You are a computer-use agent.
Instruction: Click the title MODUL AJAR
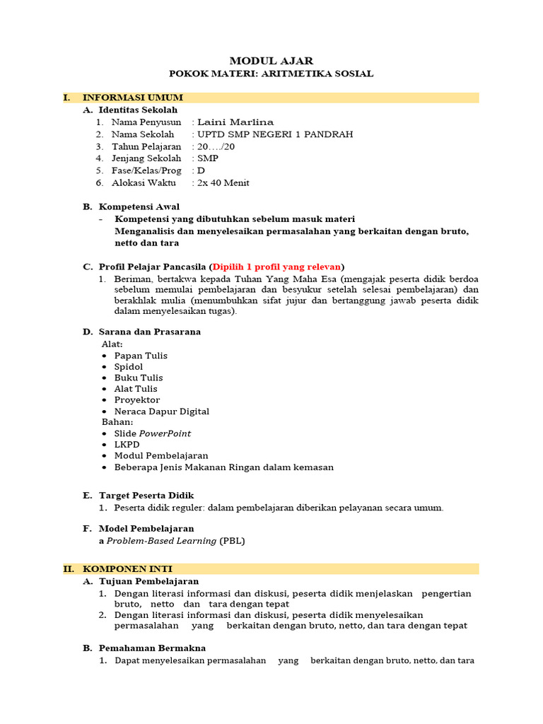(x=271, y=61)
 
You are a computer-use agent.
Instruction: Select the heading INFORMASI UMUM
(x=133, y=98)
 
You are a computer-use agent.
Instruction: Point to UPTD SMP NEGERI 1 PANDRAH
(x=275, y=134)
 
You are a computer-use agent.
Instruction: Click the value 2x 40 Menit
(x=223, y=182)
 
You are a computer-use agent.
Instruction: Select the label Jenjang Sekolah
(x=146, y=158)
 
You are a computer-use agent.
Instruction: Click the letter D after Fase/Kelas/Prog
(x=202, y=170)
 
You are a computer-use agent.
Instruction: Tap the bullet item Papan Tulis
(x=141, y=356)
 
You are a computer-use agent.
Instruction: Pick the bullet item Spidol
(x=129, y=367)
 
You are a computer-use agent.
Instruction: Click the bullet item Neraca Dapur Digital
(x=162, y=411)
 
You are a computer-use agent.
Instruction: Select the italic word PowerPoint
(x=165, y=433)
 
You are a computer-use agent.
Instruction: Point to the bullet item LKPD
(x=127, y=445)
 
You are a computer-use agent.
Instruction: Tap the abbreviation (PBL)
(x=233, y=541)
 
